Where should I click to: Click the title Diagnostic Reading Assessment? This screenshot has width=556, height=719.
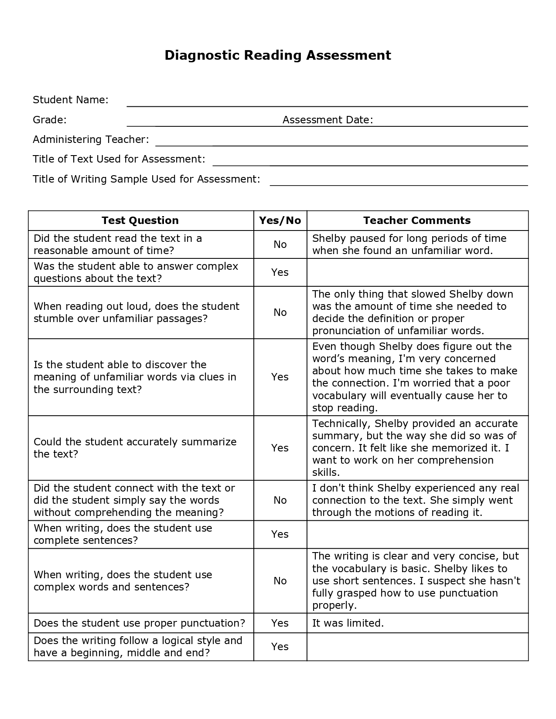click(x=278, y=55)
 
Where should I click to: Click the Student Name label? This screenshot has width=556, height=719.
click(x=71, y=100)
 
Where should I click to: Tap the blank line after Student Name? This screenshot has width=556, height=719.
click(x=327, y=103)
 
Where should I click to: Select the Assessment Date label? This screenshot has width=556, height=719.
click(x=327, y=120)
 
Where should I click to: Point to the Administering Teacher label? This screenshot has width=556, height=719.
click(x=91, y=139)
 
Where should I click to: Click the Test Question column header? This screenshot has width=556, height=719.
click(x=140, y=220)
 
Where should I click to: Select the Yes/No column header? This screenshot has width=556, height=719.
click(x=280, y=220)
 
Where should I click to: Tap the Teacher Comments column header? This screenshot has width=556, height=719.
click(x=417, y=220)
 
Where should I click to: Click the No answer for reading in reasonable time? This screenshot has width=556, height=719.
click(x=280, y=244)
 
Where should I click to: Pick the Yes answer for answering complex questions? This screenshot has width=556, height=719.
click(x=280, y=272)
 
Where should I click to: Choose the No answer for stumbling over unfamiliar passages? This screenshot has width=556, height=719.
click(x=280, y=312)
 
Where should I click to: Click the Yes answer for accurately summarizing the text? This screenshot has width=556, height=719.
click(x=280, y=448)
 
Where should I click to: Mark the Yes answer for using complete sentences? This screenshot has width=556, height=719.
click(x=280, y=534)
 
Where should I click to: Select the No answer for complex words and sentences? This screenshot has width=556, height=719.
click(x=280, y=581)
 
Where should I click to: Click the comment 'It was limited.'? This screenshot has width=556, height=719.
click(x=348, y=623)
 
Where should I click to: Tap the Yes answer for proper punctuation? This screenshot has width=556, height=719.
click(x=280, y=623)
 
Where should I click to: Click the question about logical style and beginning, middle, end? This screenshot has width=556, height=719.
click(x=138, y=647)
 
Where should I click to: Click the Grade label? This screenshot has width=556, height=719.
click(x=50, y=120)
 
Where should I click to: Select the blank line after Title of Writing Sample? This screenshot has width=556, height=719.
click(x=399, y=182)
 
